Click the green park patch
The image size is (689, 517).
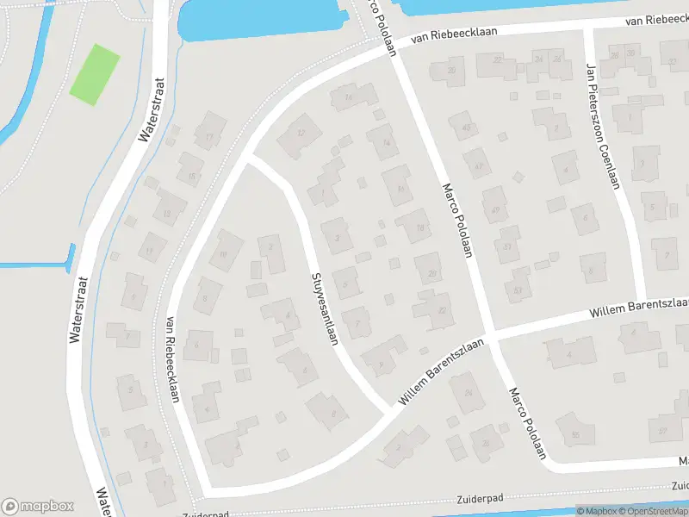point(94,74)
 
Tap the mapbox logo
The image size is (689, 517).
point(37,506)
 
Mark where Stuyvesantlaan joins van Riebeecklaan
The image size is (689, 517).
point(248,159)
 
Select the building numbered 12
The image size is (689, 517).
point(301,133)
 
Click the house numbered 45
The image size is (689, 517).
point(468,128)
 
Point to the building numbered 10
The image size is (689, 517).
point(225,254)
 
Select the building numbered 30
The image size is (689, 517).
point(631,55)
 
